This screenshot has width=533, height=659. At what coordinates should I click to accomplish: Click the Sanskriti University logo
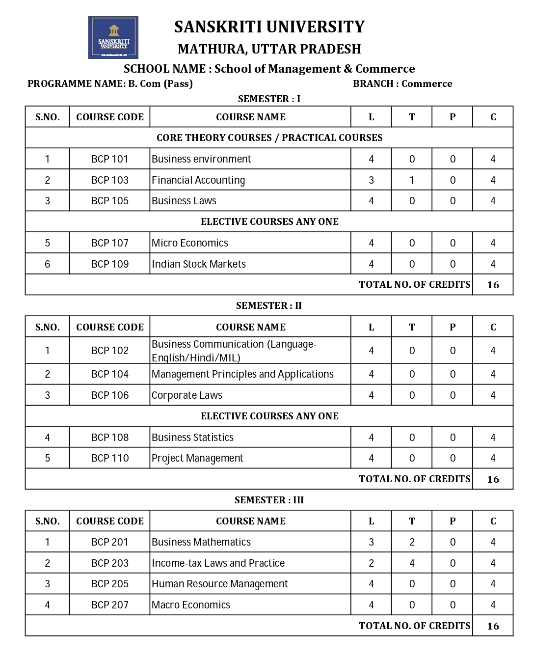coord(113,37)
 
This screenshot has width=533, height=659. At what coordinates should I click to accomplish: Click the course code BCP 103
coord(110,180)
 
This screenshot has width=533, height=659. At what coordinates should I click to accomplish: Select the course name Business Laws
coord(184,201)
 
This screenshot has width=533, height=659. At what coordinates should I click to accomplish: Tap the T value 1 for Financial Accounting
coord(412,180)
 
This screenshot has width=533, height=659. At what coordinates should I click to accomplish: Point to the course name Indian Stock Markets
coord(199,264)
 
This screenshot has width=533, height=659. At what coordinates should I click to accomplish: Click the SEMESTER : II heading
coord(269,305)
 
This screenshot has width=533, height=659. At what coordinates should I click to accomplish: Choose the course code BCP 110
coord(110,458)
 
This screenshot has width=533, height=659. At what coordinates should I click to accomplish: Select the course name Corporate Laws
coord(187,395)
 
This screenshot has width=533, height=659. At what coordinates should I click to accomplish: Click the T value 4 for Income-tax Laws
coord(412,563)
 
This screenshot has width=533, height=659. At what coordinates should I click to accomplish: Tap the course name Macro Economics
coord(191,605)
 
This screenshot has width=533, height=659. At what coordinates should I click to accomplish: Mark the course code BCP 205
coord(110,584)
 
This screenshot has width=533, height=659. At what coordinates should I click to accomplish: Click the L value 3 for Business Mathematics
coord(371,542)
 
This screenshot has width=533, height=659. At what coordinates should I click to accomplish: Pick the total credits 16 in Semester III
coord(493,626)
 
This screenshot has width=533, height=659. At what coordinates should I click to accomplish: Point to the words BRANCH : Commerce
coord(402,83)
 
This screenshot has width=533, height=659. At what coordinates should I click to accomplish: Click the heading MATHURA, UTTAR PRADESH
coord(269,49)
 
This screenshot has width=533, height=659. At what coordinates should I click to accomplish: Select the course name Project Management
coord(197,458)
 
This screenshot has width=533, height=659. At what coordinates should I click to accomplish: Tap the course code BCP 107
coord(110,243)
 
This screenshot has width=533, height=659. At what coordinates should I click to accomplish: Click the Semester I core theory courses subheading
coord(269,137)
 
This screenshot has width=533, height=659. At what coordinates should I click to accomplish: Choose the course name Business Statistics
coord(192,438)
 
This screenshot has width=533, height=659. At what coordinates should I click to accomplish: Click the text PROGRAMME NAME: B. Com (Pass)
coord(110,83)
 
